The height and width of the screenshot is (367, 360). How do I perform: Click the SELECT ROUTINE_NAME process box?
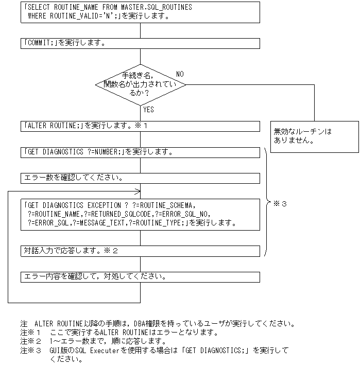point(140,12)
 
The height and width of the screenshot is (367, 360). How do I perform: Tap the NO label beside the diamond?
point(180,74)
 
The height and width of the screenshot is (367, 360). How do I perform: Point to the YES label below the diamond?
point(148,110)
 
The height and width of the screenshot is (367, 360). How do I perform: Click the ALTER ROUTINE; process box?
point(140,126)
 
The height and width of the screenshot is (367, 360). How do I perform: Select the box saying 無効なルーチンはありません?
point(315,136)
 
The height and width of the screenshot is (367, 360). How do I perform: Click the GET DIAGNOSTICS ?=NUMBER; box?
point(140,152)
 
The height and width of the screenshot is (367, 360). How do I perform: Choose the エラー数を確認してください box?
point(140,178)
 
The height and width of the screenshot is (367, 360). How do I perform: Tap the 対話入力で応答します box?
point(140,251)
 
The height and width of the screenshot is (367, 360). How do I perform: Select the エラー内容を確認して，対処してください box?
point(140,277)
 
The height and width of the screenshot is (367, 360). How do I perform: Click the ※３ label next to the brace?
point(280,204)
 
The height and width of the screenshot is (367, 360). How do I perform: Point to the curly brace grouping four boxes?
point(267,201)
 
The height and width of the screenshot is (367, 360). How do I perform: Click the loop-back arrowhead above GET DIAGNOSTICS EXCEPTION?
point(138,191)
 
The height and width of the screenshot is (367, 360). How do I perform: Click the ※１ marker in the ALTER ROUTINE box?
point(142,126)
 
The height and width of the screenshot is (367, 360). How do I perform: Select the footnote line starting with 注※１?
point(119,333)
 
